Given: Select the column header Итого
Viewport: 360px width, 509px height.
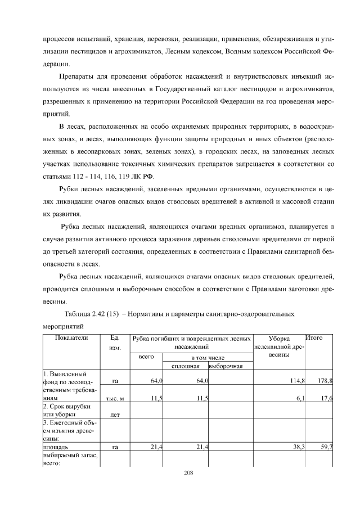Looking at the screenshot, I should pyautogui.click(x=313, y=338).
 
